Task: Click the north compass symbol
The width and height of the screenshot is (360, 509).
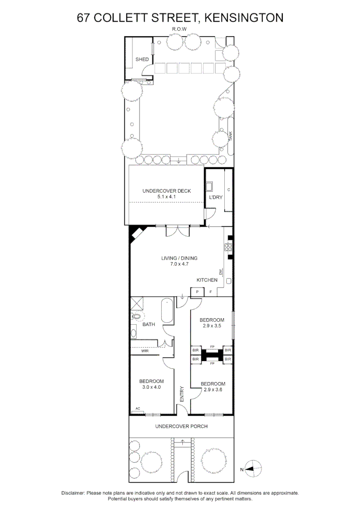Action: pyautogui.click(x=253, y=469)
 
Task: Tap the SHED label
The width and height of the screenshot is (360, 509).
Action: pyautogui.click(x=142, y=59)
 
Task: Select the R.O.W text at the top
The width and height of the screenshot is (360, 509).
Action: pyautogui.click(x=180, y=29)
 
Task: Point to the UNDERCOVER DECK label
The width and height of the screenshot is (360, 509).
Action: pyautogui.click(x=166, y=191)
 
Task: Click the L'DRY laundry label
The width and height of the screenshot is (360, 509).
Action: pyautogui.click(x=215, y=197)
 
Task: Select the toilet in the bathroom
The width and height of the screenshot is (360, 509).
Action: pyautogui.click(x=138, y=317)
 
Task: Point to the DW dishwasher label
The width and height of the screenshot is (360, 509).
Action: pyautogui.click(x=220, y=272)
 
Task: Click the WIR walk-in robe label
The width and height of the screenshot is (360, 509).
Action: pyautogui.click(x=145, y=351)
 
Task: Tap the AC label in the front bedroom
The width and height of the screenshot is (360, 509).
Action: pyautogui.click(x=138, y=409)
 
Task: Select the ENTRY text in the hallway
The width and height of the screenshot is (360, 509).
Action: pyautogui.click(x=182, y=394)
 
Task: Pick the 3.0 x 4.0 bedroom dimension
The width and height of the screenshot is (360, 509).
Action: pyautogui.click(x=151, y=387)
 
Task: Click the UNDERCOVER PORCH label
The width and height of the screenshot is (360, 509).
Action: pyautogui.click(x=181, y=426)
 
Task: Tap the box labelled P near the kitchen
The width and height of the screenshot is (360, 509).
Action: pyautogui.click(x=197, y=292)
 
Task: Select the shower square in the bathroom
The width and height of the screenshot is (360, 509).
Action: pyautogui.click(x=137, y=303)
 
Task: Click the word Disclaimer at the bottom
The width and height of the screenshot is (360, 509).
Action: pyautogui.click(x=73, y=493)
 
